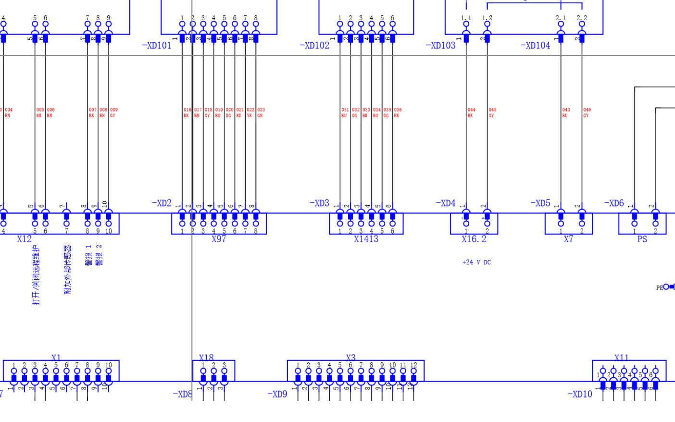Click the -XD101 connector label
[157, 46]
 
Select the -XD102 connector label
[314, 46]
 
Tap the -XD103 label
[440, 46]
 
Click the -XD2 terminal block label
[162, 203]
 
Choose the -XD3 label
[319, 203]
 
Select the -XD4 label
[445, 203]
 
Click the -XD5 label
[540, 203]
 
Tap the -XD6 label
[613, 203]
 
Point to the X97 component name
[219, 239]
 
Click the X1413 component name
[366, 239]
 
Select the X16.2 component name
[474, 239]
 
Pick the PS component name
[642, 239]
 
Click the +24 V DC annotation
[476, 262]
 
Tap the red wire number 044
[471, 110]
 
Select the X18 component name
[206, 358]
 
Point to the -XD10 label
[580, 394]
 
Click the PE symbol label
[660, 288]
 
